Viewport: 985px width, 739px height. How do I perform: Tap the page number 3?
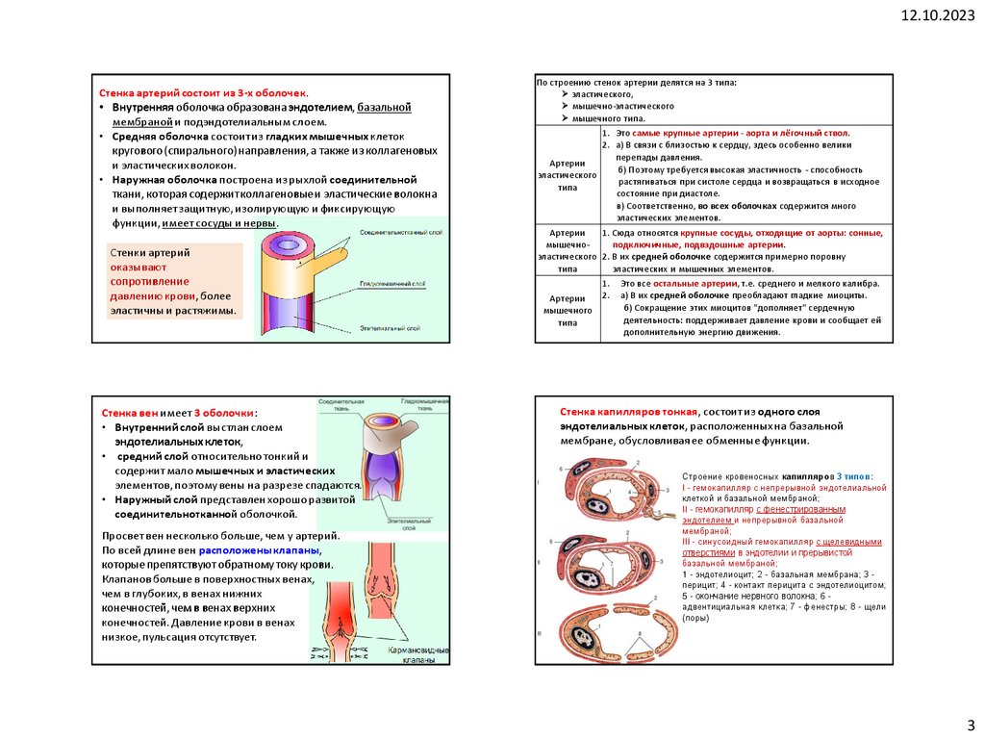tap(970, 724)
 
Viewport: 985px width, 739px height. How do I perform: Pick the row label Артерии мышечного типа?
tap(568, 311)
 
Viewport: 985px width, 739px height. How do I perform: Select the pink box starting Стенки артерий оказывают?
tap(173, 281)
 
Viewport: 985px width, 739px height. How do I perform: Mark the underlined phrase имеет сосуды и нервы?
tap(219, 223)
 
